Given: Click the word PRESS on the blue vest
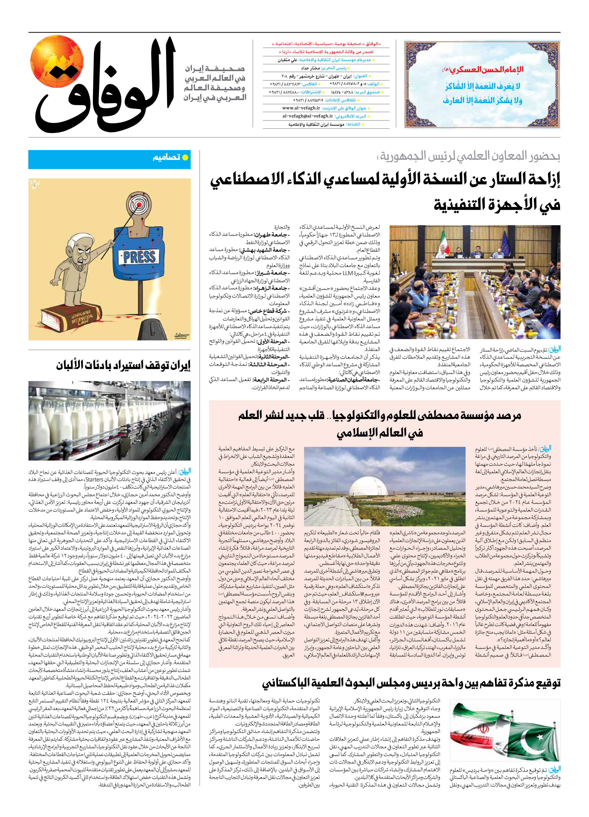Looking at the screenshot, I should (x=139, y=257).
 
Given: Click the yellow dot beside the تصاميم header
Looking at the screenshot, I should (x=185, y=157).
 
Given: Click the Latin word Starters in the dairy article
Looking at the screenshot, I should (x=94, y=479).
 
